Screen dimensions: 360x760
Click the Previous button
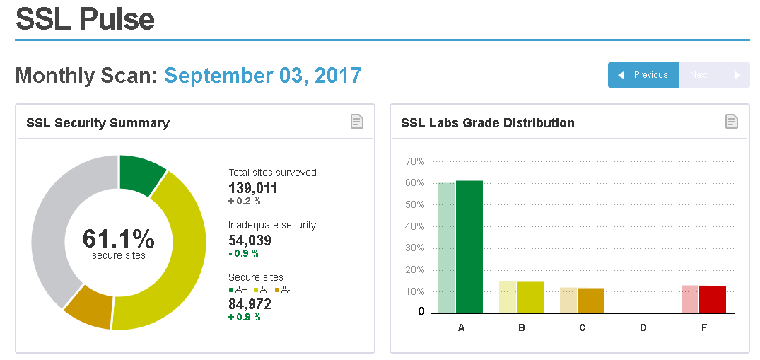coord(643,75)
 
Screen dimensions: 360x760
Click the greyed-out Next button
coord(714,75)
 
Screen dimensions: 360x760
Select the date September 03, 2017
coord(263,75)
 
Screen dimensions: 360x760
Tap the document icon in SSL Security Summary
coord(358,122)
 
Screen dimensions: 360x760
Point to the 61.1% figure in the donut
coord(118,239)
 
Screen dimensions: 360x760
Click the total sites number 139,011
coord(253,188)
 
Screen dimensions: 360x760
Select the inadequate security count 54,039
coord(250,240)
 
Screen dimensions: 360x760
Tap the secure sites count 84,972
coord(250,304)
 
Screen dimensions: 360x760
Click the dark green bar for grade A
coord(469,248)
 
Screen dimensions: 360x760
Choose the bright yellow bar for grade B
coord(530,297)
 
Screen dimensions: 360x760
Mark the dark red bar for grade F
coord(713,299)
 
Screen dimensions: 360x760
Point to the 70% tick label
coord(414,162)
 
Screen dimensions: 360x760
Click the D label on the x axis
coord(643,328)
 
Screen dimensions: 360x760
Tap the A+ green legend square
coord(231,290)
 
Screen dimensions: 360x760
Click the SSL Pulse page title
coord(85,19)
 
